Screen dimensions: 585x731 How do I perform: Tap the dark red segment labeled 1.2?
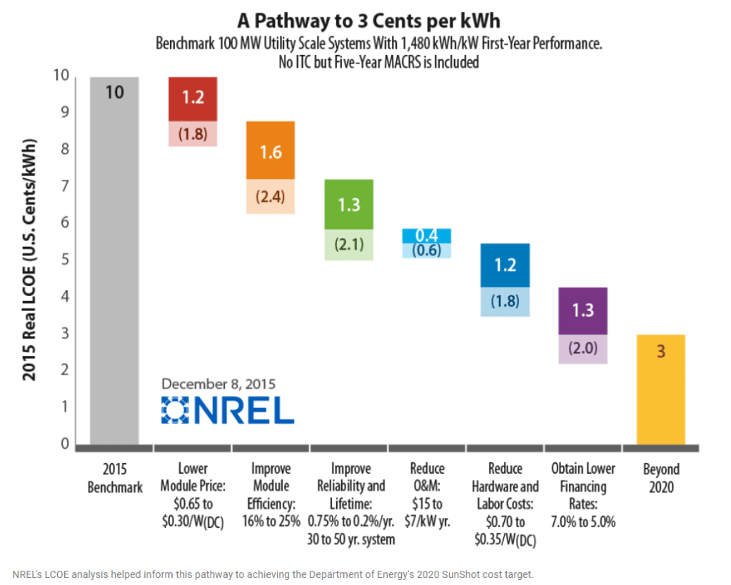click(193, 98)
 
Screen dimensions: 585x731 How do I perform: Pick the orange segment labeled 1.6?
click(271, 150)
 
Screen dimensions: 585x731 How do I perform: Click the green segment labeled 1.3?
click(349, 204)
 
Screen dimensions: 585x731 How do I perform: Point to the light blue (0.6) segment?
click(427, 250)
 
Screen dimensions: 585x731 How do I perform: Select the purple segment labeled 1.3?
click(583, 310)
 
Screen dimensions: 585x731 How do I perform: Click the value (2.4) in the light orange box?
click(271, 196)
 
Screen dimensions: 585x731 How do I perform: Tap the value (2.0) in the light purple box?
click(583, 350)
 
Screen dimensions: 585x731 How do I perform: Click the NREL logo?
click(228, 410)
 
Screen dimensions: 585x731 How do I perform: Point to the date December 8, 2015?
click(218, 382)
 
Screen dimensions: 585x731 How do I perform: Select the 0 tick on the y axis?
click(65, 444)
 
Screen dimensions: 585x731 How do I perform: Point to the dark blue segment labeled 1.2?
click(505, 265)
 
